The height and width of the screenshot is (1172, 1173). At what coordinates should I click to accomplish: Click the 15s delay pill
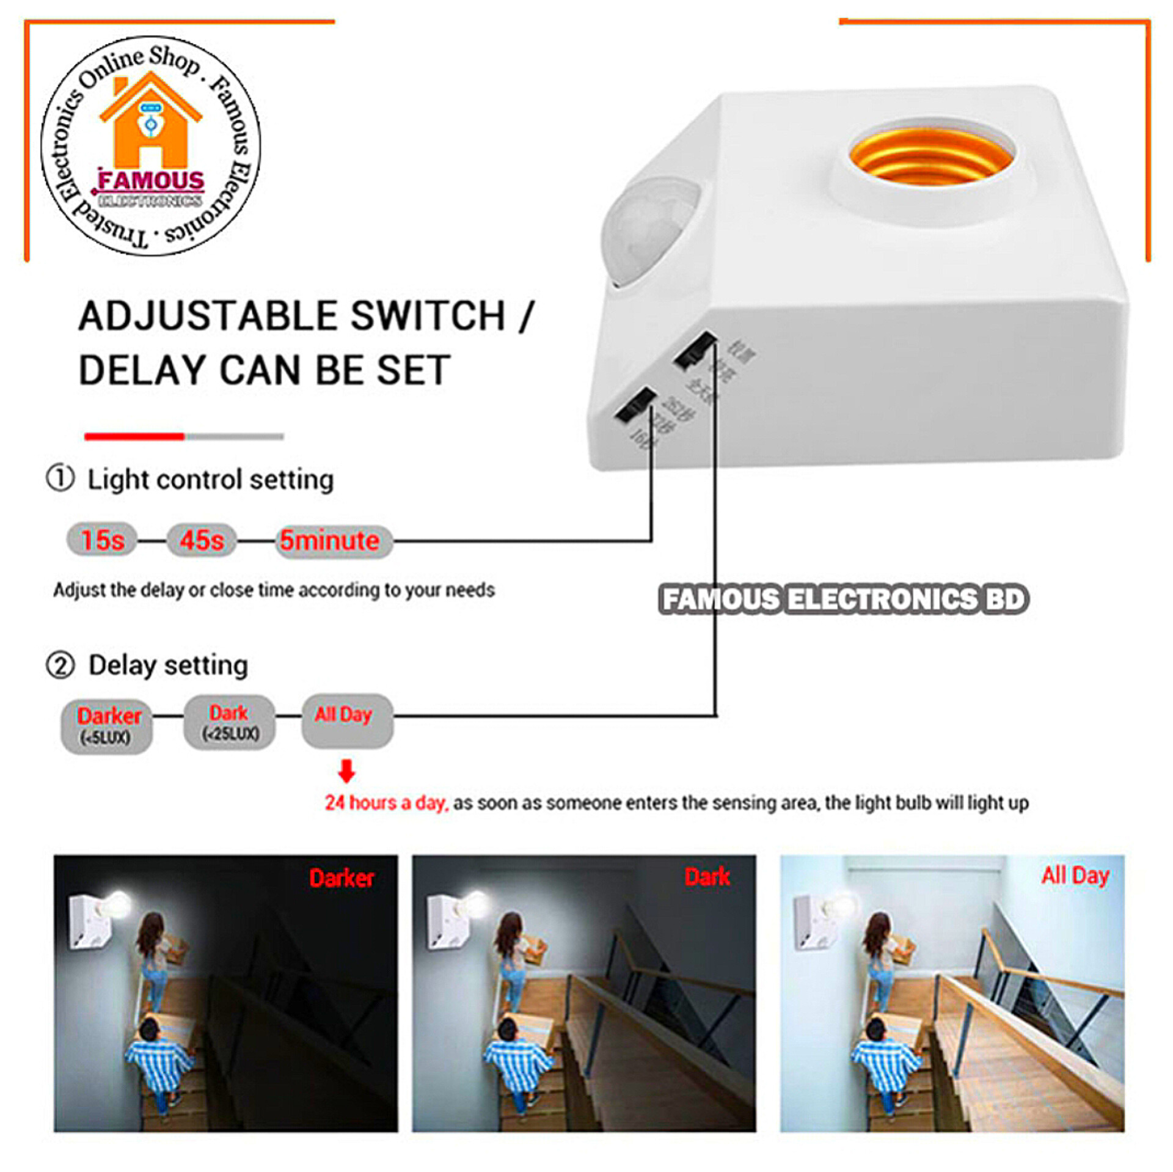click(101, 540)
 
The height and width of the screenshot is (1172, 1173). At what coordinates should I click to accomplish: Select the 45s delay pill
click(202, 540)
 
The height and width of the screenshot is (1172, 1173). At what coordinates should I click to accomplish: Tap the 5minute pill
click(332, 541)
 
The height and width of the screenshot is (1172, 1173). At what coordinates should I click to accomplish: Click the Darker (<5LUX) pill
click(107, 726)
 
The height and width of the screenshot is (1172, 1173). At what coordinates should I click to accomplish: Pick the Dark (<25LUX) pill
click(230, 722)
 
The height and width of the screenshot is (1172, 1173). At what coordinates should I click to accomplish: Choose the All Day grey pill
click(346, 720)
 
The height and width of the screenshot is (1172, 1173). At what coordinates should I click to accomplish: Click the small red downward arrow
click(346, 772)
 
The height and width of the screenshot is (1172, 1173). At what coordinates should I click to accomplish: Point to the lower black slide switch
click(634, 405)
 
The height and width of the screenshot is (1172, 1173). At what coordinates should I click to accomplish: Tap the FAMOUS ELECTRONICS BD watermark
click(844, 599)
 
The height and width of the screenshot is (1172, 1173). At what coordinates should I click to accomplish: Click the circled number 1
click(60, 478)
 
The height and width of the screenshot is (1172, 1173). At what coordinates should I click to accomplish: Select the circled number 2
click(60, 665)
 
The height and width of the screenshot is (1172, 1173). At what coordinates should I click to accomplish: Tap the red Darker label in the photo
click(341, 878)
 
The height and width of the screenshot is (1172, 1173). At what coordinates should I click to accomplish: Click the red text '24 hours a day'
click(386, 803)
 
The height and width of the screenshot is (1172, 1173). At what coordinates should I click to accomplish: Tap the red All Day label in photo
click(1075, 875)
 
